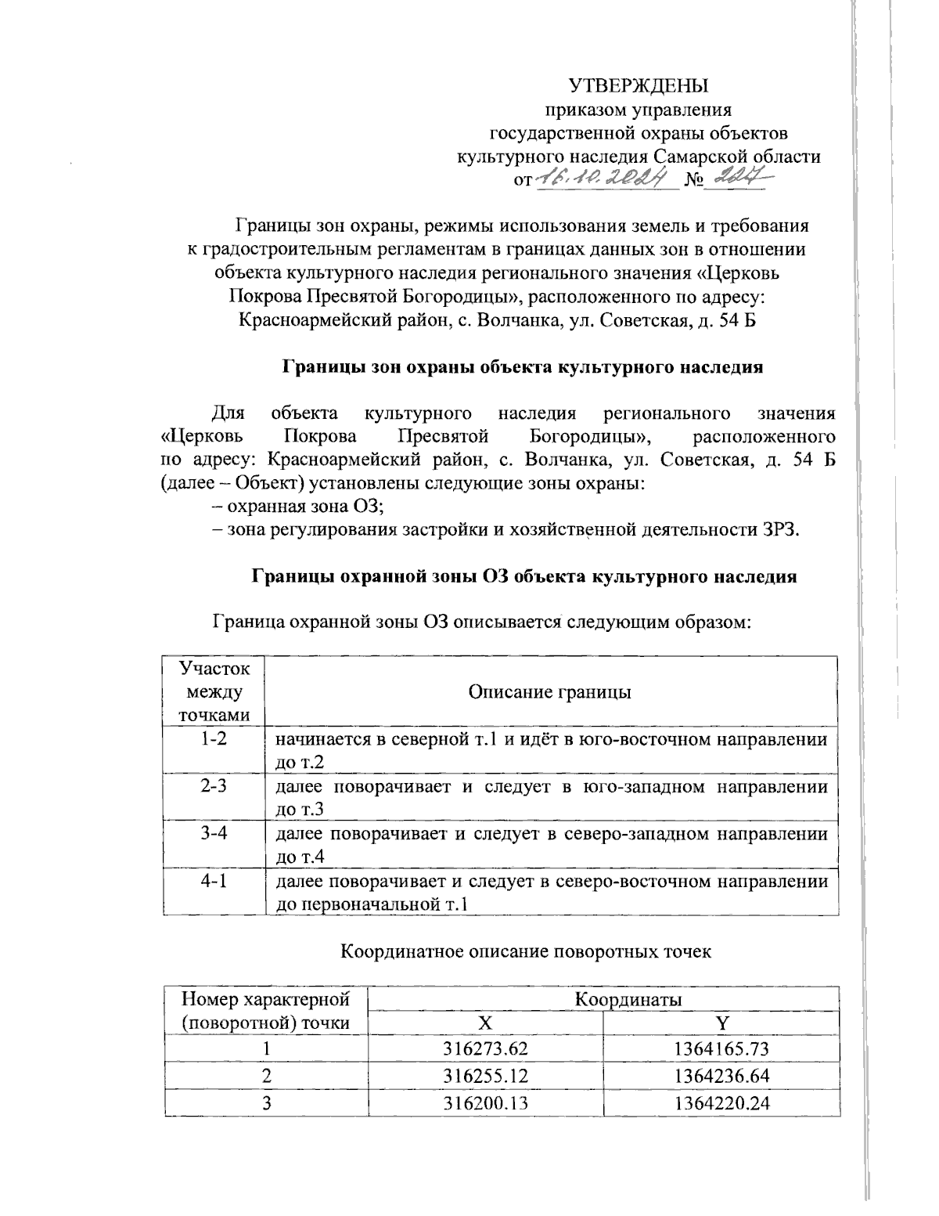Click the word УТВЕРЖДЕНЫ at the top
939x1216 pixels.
click(639, 85)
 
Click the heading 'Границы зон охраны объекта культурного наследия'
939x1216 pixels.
click(521, 366)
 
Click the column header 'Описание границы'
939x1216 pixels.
click(549, 692)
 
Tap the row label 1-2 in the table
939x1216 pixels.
click(214, 738)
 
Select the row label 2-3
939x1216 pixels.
click(214, 785)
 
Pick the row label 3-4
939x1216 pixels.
click(214, 833)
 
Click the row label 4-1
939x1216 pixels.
click(214, 881)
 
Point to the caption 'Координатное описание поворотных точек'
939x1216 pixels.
click(527, 951)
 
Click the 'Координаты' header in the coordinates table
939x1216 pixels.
click(628, 1000)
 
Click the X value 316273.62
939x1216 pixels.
click(485, 1049)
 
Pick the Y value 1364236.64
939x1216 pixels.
click(721, 1076)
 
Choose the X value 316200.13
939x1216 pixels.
click(485, 1102)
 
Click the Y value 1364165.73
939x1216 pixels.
click(721, 1049)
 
